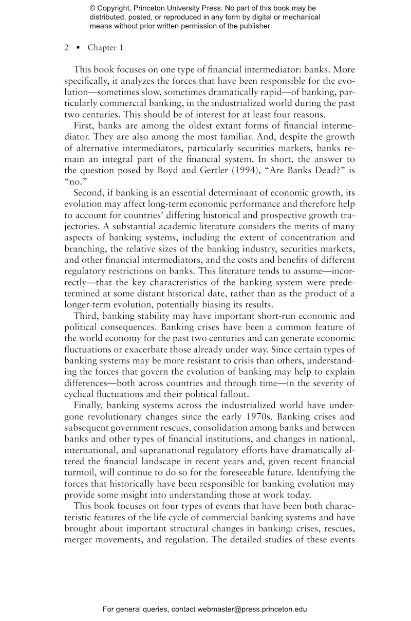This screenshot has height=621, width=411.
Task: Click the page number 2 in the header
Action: tap(67, 47)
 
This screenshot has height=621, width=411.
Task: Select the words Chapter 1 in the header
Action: tap(102, 47)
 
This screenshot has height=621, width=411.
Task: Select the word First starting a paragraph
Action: tap(84, 124)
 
